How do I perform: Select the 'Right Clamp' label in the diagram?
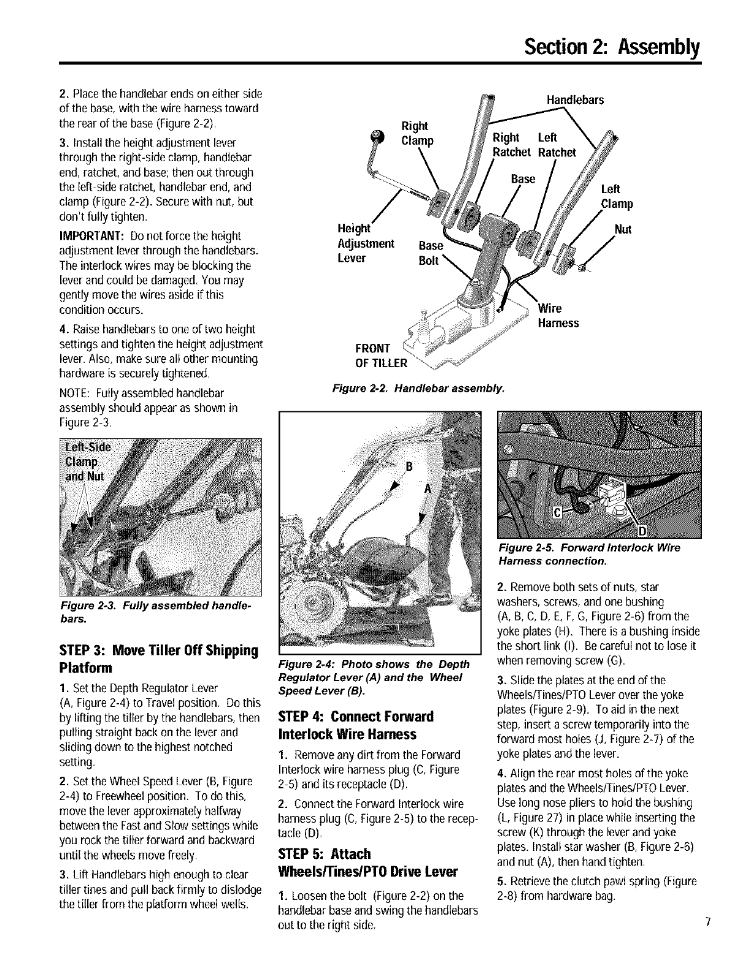tap(416, 134)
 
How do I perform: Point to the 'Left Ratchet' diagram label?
tap(556, 145)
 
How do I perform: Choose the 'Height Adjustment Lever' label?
tap(366, 243)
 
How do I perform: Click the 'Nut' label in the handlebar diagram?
tap(623, 230)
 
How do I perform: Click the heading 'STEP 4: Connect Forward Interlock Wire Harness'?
tap(356, 725)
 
